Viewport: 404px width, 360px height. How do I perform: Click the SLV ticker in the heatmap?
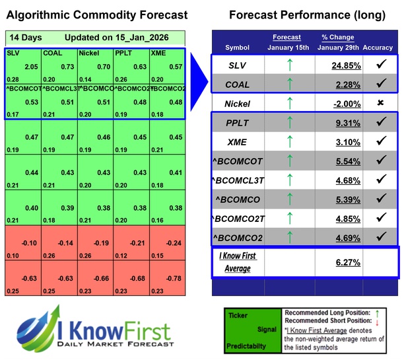pyautogui.click(x=13, y=53)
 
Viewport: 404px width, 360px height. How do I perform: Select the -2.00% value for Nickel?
pyautogui.click(x=351, y=104)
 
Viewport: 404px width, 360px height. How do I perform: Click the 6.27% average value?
pyautogui.click(x=351, y=262)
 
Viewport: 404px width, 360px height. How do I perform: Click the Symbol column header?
pyautogui.click(x=237, y=48)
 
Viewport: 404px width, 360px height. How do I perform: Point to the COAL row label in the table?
pyautogui.click(x=237, y=85)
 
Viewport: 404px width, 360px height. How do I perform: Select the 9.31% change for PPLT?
pyautogui.click(x=351, y=123)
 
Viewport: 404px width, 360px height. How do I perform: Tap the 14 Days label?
pyautogui.click(x=22, y=37)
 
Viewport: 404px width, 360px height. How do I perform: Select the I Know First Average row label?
pyautogui.click(x=237, y=261)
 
